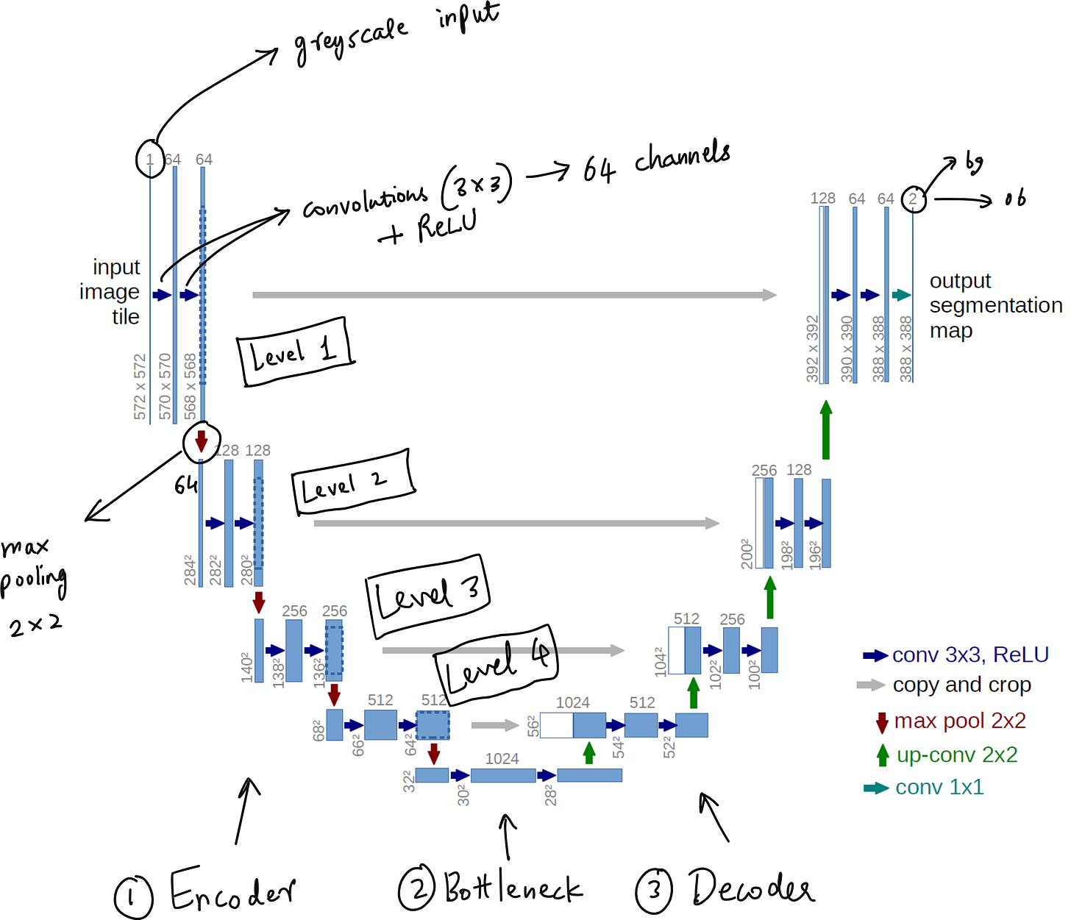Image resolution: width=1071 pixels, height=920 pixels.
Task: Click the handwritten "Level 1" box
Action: coord(295,352)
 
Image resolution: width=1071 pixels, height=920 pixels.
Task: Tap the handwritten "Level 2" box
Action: coord(353,482)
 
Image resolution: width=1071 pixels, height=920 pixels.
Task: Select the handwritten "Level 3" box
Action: coord(427,595)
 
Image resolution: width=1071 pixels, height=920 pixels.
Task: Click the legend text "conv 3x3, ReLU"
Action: coord(969,655)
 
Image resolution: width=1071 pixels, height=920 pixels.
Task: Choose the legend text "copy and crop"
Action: coord(961,685)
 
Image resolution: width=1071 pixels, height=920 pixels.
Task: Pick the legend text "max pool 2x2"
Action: coord(959,721)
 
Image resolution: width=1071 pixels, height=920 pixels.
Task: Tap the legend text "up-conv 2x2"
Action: coord(956,755)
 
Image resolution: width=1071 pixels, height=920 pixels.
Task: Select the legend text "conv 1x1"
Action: coord(939,787)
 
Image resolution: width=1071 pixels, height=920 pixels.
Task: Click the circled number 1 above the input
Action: coord(150,160)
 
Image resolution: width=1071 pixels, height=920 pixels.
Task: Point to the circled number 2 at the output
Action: coord(913,199)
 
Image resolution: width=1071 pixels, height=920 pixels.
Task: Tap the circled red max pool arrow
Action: coord(201,441)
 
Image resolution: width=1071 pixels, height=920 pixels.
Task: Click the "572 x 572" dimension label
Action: coord(140,387)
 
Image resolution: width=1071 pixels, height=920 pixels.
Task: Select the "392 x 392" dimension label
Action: coord(812,349)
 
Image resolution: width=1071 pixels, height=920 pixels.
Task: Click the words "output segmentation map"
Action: coord(995,305)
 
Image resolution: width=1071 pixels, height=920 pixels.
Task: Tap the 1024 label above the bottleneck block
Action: coord(502,758)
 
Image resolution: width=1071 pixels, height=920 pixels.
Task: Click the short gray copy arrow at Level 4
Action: coord(495,725)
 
